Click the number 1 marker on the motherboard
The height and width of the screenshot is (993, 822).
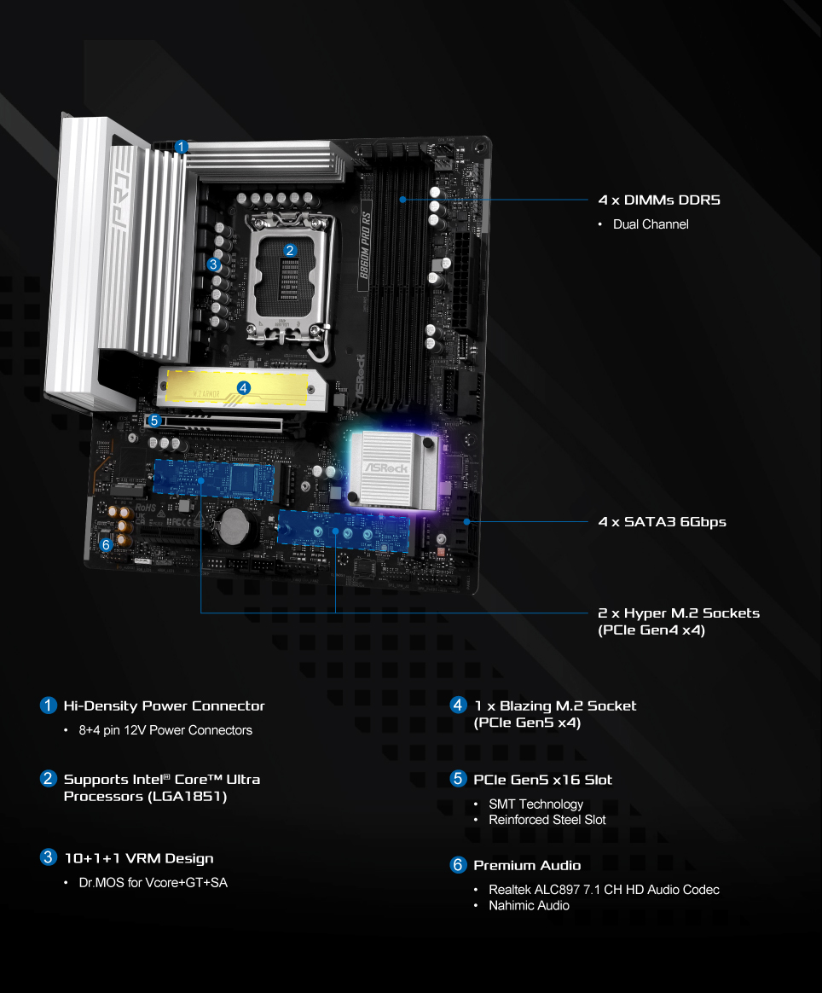(x=181, y=147)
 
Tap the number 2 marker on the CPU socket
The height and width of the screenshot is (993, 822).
(x=290, y=250)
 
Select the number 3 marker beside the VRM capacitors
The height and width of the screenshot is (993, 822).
(x=213, y=264)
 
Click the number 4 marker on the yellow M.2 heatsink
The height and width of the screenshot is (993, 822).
(x=244, y=387)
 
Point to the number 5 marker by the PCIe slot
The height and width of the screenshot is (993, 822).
(x=153, y=421)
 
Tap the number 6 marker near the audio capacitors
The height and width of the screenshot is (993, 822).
(x=107, y=544)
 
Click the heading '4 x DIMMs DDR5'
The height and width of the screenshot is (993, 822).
(x=659, y=200)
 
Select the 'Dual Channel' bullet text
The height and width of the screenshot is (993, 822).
(x=651, y=224)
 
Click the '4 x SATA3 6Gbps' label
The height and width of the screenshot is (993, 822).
(x=662, y=522)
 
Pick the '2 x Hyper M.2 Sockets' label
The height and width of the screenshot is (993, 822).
(x=679, y=613)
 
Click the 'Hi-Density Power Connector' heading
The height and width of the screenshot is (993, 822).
(x=164, y=706)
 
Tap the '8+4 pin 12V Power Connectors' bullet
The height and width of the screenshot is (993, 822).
(x=165, y=730)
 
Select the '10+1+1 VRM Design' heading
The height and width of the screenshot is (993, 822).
(x=139, y=858)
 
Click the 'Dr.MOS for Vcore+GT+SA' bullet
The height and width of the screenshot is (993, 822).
(x=153, y=882)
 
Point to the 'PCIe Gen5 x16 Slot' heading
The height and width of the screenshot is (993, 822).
(x=542, y=780)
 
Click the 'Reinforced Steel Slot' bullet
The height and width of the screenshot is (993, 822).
(x=547, y=820)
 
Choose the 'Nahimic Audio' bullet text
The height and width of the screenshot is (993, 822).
(x=529, y=906)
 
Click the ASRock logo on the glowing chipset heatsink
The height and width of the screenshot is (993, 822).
(x=386, y=468)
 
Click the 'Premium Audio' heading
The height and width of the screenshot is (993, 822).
(x=527, y=865)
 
